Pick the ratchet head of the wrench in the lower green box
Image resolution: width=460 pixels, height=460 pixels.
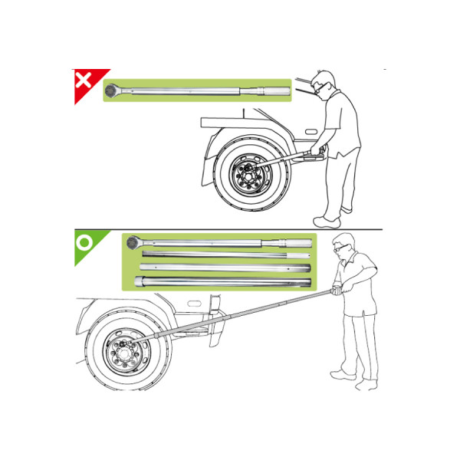pos(131,243)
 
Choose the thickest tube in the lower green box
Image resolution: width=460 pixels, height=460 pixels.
pos(222,282)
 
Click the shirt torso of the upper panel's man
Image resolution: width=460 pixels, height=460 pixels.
pos(343,123)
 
